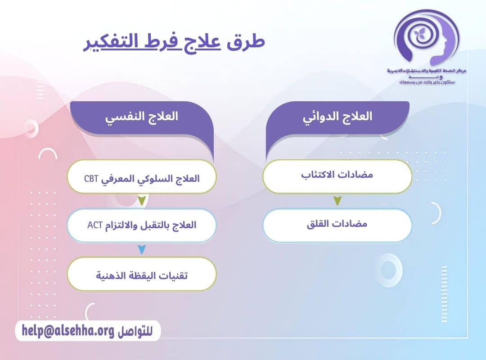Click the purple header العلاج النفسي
(x=142, y=117)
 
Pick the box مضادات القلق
(x=337, y=224)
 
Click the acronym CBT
(x=91, y=179)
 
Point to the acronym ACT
(x=95, y=225)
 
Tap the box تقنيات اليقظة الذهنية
(x=142, y=274)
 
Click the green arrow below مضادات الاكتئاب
(x=337, y=201)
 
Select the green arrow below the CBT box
(x=142, y=201)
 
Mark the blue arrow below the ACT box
(x=142, y=249)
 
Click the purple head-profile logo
(x=425, y=38)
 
